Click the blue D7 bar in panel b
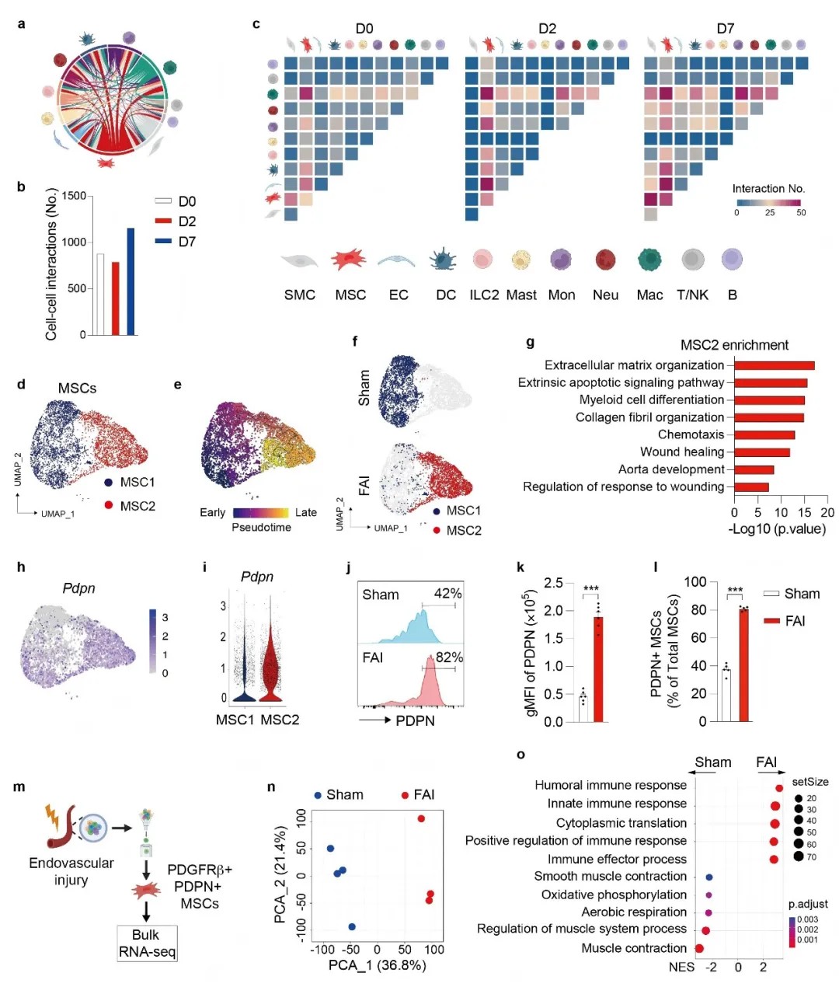(x=131, y=281)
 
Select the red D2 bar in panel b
(x=116, y=298)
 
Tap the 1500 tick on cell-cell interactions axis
(x=74, y=196)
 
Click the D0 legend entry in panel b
(x=175, y=201)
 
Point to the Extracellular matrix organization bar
(x=774, y=365)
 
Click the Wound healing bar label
(x=681, y=452)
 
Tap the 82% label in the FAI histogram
(x=448, y=657)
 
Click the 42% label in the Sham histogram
(x=447, y=594)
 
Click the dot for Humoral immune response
(x=778, y=788)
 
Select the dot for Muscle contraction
(x=699, y=948)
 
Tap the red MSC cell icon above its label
(x=349, y=259)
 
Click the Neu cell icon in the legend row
(x=605, y=260)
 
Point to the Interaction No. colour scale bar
(x=768, y=202)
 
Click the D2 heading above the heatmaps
(x=547, y=29)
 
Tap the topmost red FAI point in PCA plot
(x=420, y=818)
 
